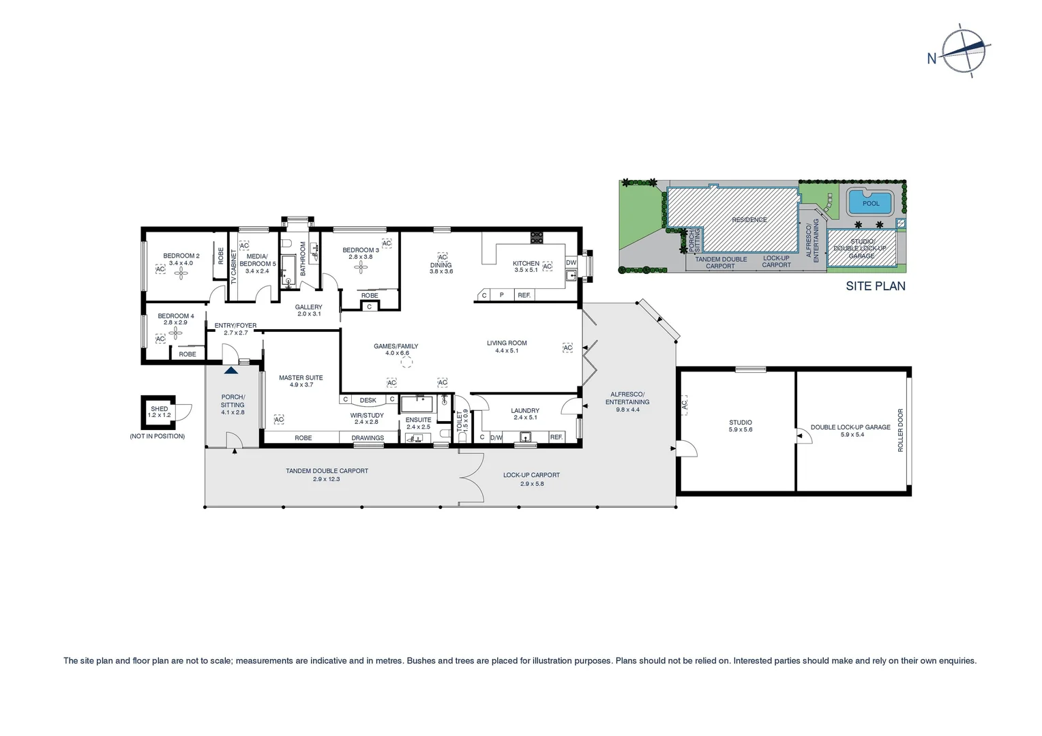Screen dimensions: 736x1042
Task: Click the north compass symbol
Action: pos(964,49)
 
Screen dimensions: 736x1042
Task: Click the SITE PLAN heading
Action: pos(876,286)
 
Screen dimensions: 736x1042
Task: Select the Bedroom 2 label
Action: pos(181,256)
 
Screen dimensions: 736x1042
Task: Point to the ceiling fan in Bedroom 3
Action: pos(360,267)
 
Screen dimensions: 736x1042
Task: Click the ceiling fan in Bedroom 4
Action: pos(176,333)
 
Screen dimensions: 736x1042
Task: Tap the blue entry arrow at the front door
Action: pos(231,370)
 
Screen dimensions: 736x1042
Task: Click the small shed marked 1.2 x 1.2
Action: pos(158,412)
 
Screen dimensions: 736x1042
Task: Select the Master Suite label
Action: pos(301,378)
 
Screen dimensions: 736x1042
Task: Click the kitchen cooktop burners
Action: pos(537,237)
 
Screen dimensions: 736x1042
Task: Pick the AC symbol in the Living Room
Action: pos(567,348)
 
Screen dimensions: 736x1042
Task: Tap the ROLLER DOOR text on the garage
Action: pos(900,430)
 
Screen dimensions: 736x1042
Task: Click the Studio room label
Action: pos(740,423)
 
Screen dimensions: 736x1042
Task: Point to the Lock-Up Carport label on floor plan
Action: pos(531,475)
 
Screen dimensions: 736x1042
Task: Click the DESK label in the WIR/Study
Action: pos(368,400)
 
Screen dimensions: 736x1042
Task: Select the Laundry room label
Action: pos(525,411)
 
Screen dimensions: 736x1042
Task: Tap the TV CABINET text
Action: pos(233,266)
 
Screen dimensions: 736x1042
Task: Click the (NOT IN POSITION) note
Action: pos(157,436)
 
